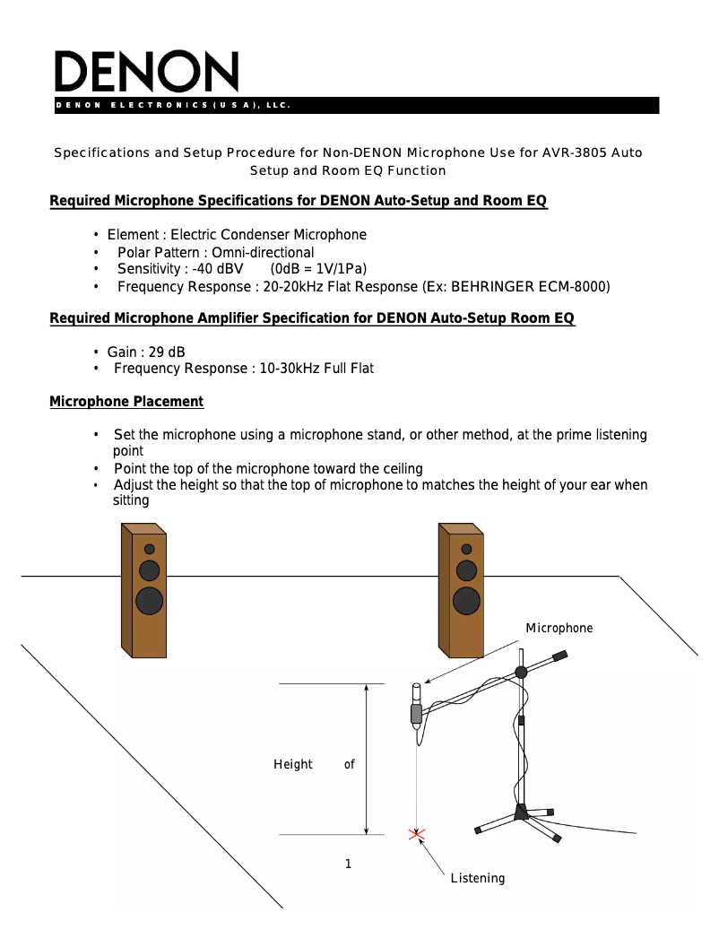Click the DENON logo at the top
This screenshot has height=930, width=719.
point(147,72)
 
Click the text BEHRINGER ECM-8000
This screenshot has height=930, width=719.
point(530,287)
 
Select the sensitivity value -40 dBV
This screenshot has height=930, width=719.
point(218,269)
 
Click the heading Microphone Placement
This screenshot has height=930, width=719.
point(126,402)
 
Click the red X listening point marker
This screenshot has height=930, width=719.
point(416,835)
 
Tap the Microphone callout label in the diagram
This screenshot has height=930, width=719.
point(559,628)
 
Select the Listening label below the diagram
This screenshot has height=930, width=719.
point(477,878)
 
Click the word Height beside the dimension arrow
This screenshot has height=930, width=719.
point(293,764)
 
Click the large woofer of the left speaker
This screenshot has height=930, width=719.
point(151,601)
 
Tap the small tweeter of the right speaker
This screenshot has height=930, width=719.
point(466,549)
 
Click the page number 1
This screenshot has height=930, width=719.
point(348,864)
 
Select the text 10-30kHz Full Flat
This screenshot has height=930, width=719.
point(316,369)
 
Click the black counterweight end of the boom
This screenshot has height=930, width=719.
point(559,656)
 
